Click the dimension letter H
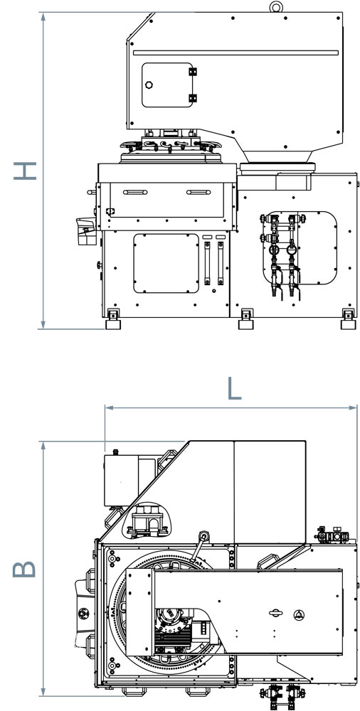click(24, 171)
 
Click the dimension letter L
click(234, 389)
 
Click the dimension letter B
click(24, 569)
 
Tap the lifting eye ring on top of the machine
click(276, 7)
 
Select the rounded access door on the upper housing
click(167, 85)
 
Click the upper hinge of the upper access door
click(193, 72)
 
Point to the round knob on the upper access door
click(149, 85)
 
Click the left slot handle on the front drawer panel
click(135, 192)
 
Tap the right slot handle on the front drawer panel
click(198, 192)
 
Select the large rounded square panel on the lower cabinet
click(166, 263)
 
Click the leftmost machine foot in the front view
click(113, 319)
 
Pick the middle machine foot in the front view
click(246, 319)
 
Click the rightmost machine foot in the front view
click(348, 319)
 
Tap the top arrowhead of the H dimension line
click(43, 17)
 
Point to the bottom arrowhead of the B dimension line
click(43, 691)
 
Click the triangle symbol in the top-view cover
click(298, 614)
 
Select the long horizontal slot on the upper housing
click(236, 53)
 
